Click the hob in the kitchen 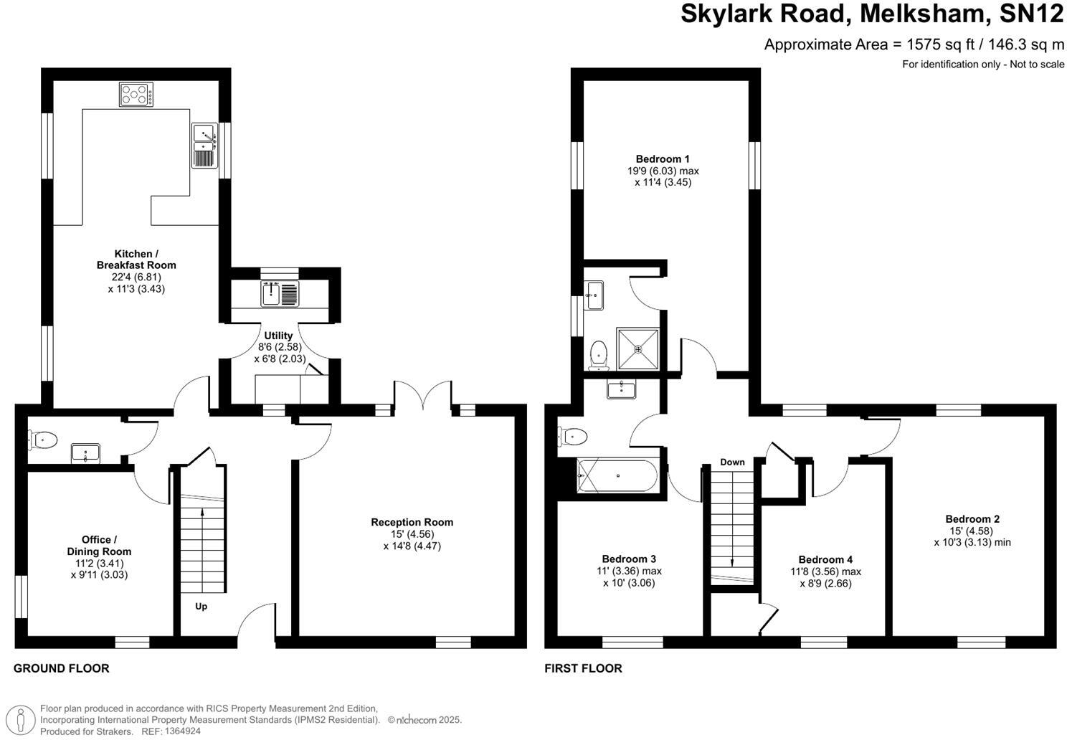[x=136, y=95]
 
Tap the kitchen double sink [x=204, y=146]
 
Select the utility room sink [x=280, y=293]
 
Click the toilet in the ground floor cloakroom [x=42, y=439]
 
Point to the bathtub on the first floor [x=617, y=475]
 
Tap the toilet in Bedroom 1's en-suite [x=597, y=355]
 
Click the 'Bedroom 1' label [x=663, y=159]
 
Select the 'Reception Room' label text [x=412, y=522]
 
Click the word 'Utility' [x=278, y=336]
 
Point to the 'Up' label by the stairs [x=201, y=607]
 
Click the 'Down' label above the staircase [x=732, y=462]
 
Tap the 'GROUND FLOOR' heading [x=62, y=668]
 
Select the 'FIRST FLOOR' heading [x=583, y=668]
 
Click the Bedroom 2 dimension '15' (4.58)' [x=972, y=531]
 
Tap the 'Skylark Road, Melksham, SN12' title [x=872, y=15]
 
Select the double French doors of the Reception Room [x=422, y=394]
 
